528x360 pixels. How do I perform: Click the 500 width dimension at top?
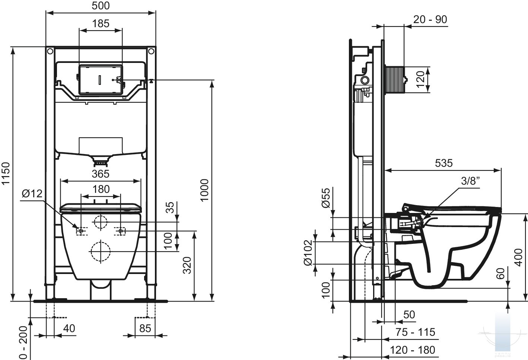(x=101, y=6)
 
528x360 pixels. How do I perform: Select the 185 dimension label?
(x=101, y=23)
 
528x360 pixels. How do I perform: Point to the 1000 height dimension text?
(x=204, y=190)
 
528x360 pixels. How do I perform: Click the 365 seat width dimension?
(x=101, y=174)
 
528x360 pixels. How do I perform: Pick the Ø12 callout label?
(x=32, y=194)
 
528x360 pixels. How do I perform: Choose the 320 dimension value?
(x=187, y=265)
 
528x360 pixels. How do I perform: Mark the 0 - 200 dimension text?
(x=23, y=343)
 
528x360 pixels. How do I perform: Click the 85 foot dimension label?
(x=145, y=328)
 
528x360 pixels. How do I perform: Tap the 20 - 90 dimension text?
(x=430, y=19)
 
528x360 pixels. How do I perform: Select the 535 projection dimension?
(x=444, y=163)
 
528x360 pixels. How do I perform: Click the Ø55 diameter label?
(x=326, y=198)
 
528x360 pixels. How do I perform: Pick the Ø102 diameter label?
(x=308, y=253)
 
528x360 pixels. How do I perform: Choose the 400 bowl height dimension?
(x=518, y=258)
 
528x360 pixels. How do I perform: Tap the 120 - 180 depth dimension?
(x=413, y=350)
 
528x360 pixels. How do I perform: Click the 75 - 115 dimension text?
(x=415, y=332)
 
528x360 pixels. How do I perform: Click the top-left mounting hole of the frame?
(x=50, y=51)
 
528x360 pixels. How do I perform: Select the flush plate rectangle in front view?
(x=101, y=80)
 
